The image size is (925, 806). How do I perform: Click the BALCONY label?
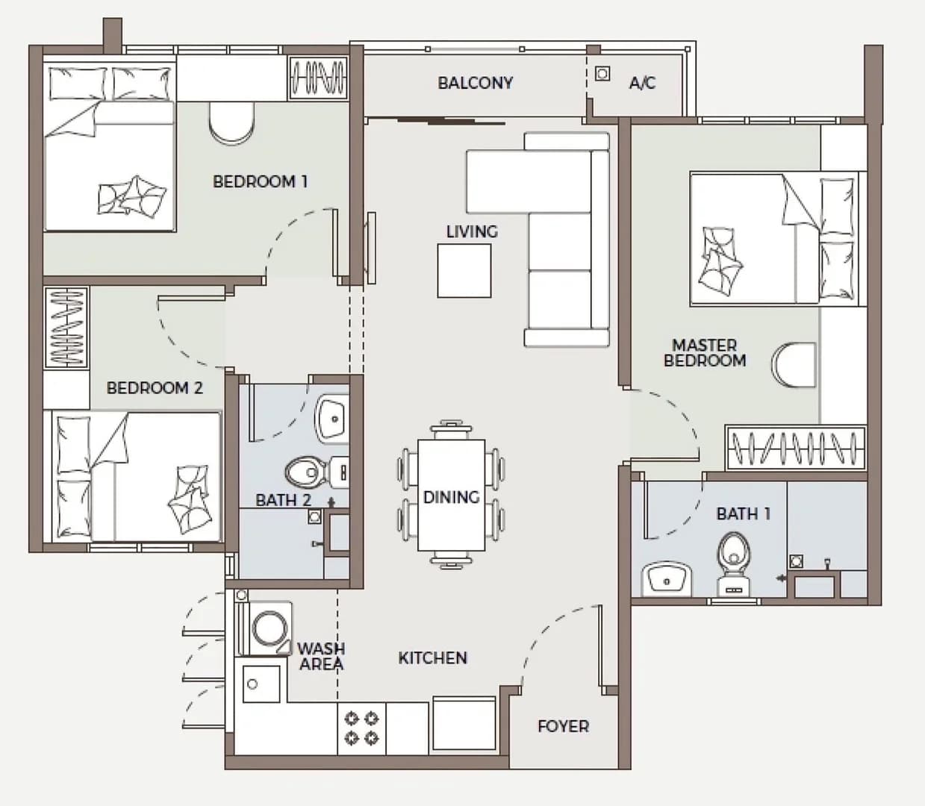475,83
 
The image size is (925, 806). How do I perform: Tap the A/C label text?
642,83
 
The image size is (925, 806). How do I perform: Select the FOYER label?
564,726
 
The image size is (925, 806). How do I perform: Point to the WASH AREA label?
322,657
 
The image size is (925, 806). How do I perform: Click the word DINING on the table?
451,498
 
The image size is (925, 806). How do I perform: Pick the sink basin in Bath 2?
332,418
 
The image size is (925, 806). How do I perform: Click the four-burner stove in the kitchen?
361,728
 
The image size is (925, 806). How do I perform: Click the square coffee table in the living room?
464,271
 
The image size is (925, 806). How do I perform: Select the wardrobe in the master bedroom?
795,447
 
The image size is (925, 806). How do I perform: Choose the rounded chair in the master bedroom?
794,365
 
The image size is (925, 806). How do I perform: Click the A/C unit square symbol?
602,73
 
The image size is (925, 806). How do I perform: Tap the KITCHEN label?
433,657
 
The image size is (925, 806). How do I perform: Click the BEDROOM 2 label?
155,387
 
